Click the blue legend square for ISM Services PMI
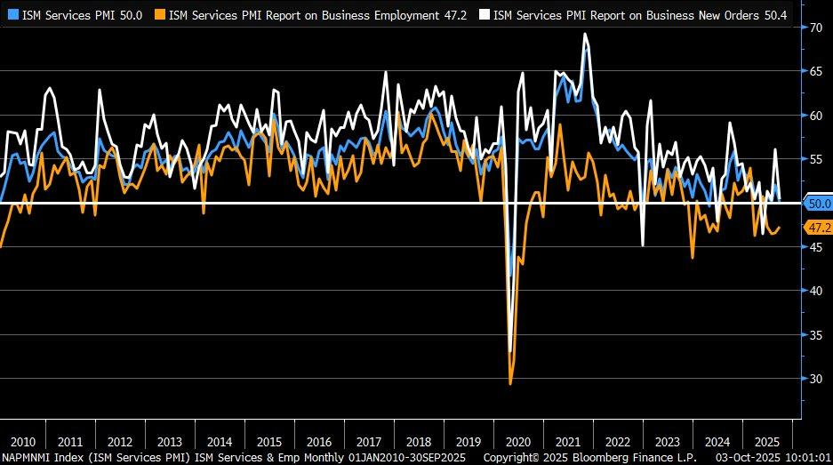tap(12, 14)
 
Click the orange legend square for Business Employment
tap(160, 14)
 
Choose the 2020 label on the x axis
tap(517, 441)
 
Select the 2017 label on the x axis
tap(367, 441)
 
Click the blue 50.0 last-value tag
tap(818, 203)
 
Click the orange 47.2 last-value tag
tap(818, 228)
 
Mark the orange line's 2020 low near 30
tap(510, 383)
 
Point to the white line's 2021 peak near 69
tap(584, 34)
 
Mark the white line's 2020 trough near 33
tap(509, 352)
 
